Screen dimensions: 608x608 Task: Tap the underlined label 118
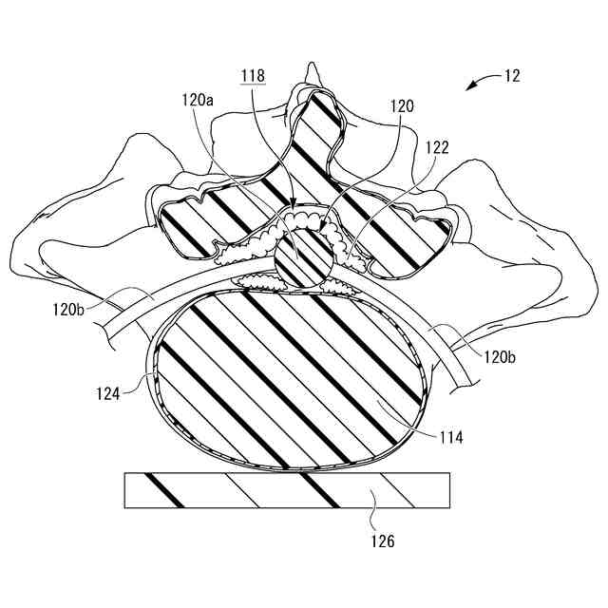pos(254,75)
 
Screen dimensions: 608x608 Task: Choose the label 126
pos(382,541)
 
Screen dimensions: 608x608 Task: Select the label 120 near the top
pos(402,107)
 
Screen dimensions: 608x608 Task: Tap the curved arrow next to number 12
pos(480,83)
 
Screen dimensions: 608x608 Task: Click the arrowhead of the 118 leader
pos(294,205)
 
